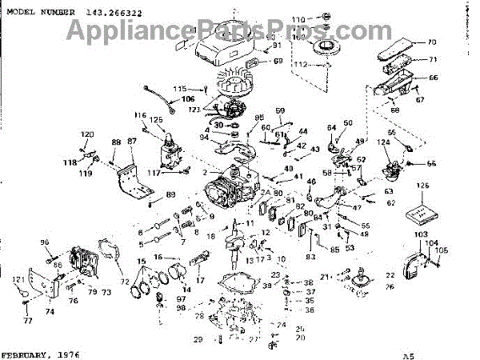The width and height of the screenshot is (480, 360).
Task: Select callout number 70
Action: [431, 42]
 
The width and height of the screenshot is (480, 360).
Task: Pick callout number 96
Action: [45, 243]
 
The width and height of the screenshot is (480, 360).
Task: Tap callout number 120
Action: [87, 134]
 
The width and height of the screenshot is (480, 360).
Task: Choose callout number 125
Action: [157, 119]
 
